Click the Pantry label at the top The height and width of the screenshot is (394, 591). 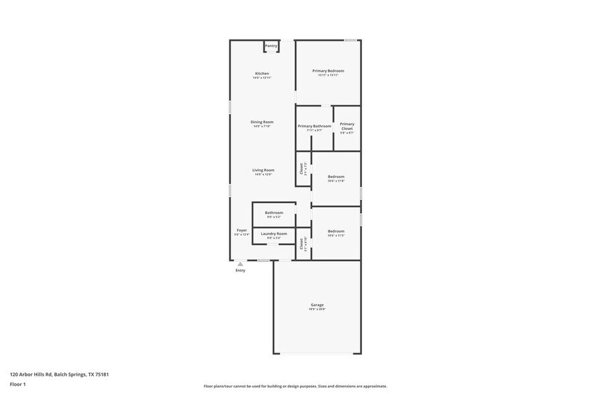[271, 46]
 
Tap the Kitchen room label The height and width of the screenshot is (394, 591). [262, 74]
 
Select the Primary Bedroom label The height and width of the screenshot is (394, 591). [328, 71]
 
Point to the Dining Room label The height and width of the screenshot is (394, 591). [262, 122]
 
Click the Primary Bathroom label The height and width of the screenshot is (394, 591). [314, 126]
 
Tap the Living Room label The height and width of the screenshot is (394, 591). [263, 170]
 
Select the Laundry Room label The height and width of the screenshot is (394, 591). [274, 234]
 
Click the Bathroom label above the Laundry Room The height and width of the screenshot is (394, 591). [274, 213]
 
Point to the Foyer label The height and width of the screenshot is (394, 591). [241, 231]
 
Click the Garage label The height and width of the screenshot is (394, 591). [317, 305]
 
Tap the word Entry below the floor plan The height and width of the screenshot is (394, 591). [241, 271]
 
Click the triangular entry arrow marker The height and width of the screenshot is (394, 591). [241, 264]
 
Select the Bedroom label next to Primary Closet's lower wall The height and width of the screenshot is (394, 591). [336, 177]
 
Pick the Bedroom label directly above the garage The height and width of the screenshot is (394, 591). [336, 231]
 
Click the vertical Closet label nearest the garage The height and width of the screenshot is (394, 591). [302, 244]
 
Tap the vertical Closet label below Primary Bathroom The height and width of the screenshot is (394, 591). [302, 170]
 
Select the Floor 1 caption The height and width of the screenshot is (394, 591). [17, 384]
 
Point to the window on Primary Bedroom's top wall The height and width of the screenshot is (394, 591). [350, 40]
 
